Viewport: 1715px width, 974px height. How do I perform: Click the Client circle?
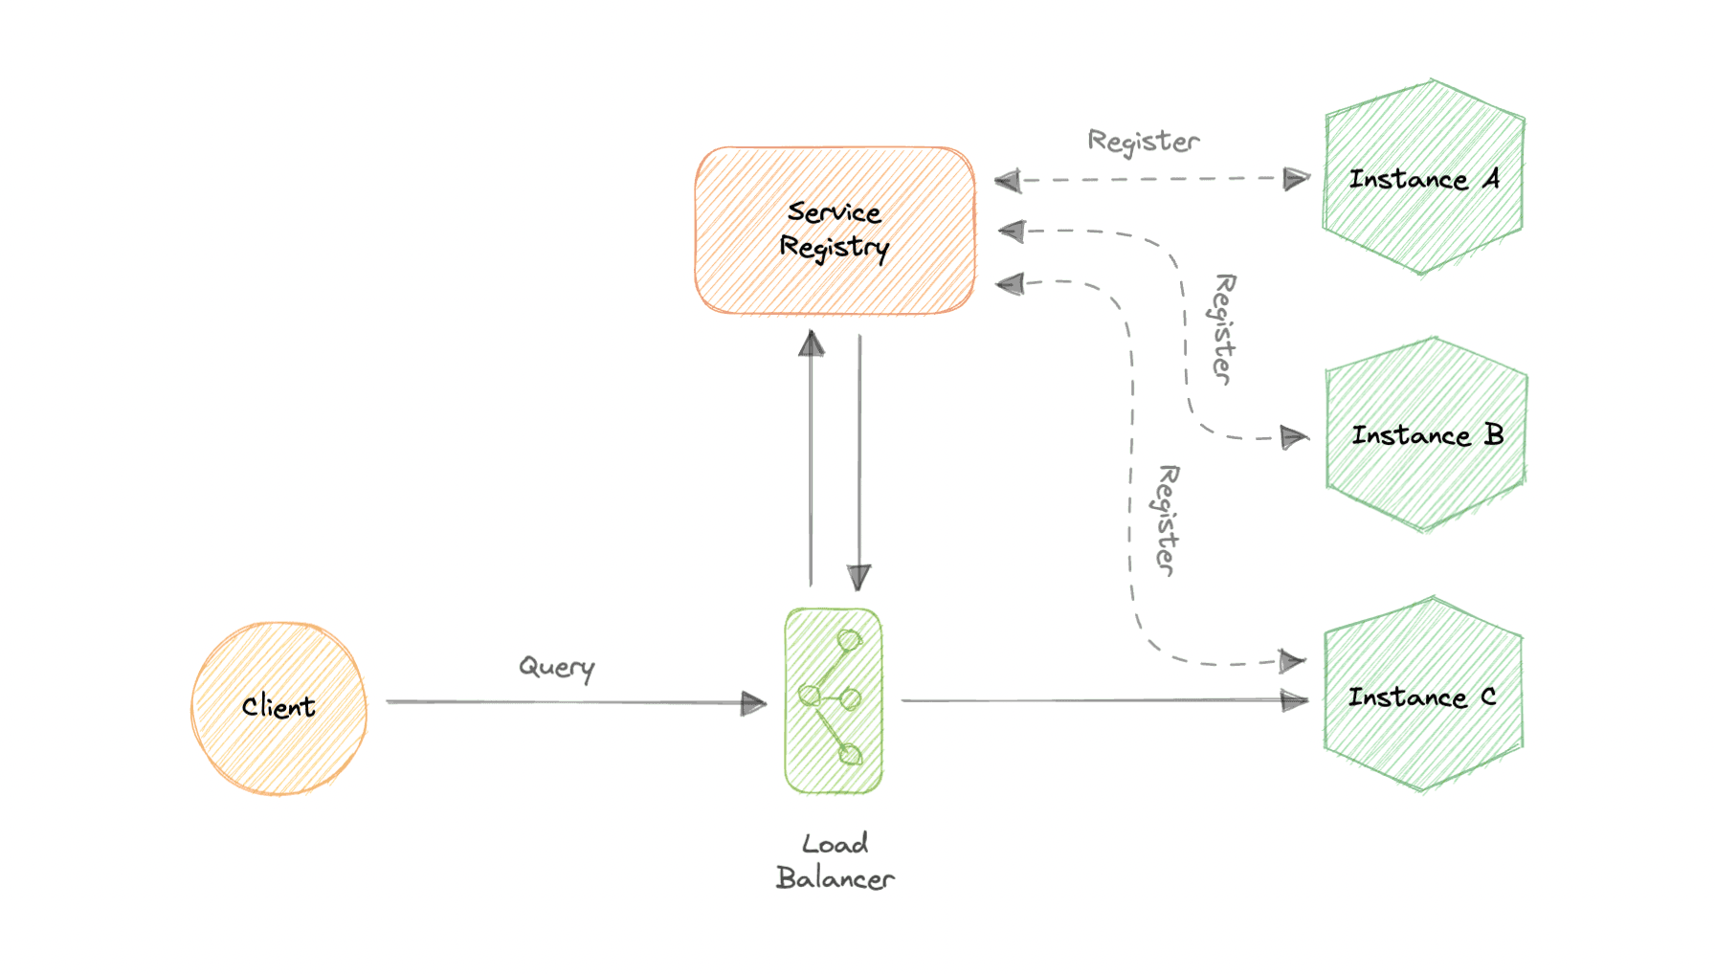(278, 708)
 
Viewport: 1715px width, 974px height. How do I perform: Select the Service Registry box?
(835, 231)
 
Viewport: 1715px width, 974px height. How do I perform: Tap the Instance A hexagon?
(1423, 178)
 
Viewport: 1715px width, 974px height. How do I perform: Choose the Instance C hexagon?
(1422, 696)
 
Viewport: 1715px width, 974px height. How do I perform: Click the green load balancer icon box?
(833, 700)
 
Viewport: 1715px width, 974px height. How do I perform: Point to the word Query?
(557, 667)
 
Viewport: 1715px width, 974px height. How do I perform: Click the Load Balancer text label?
(835, 861)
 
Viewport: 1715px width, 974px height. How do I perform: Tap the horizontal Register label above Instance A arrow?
(1143, 142)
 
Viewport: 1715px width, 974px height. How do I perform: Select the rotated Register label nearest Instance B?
(1224, 329)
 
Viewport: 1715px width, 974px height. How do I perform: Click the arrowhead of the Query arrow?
(754, 704)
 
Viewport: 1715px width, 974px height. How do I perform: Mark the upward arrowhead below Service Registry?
(812, 343)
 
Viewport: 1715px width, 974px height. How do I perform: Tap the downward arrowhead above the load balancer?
(859, 577)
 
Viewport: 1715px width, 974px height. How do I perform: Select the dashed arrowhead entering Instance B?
(1295, 437)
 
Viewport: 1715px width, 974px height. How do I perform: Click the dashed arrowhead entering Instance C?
(1293, 660)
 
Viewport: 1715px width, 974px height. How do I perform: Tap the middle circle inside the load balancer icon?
(809, 696)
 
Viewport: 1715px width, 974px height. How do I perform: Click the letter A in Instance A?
(1491, 178)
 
